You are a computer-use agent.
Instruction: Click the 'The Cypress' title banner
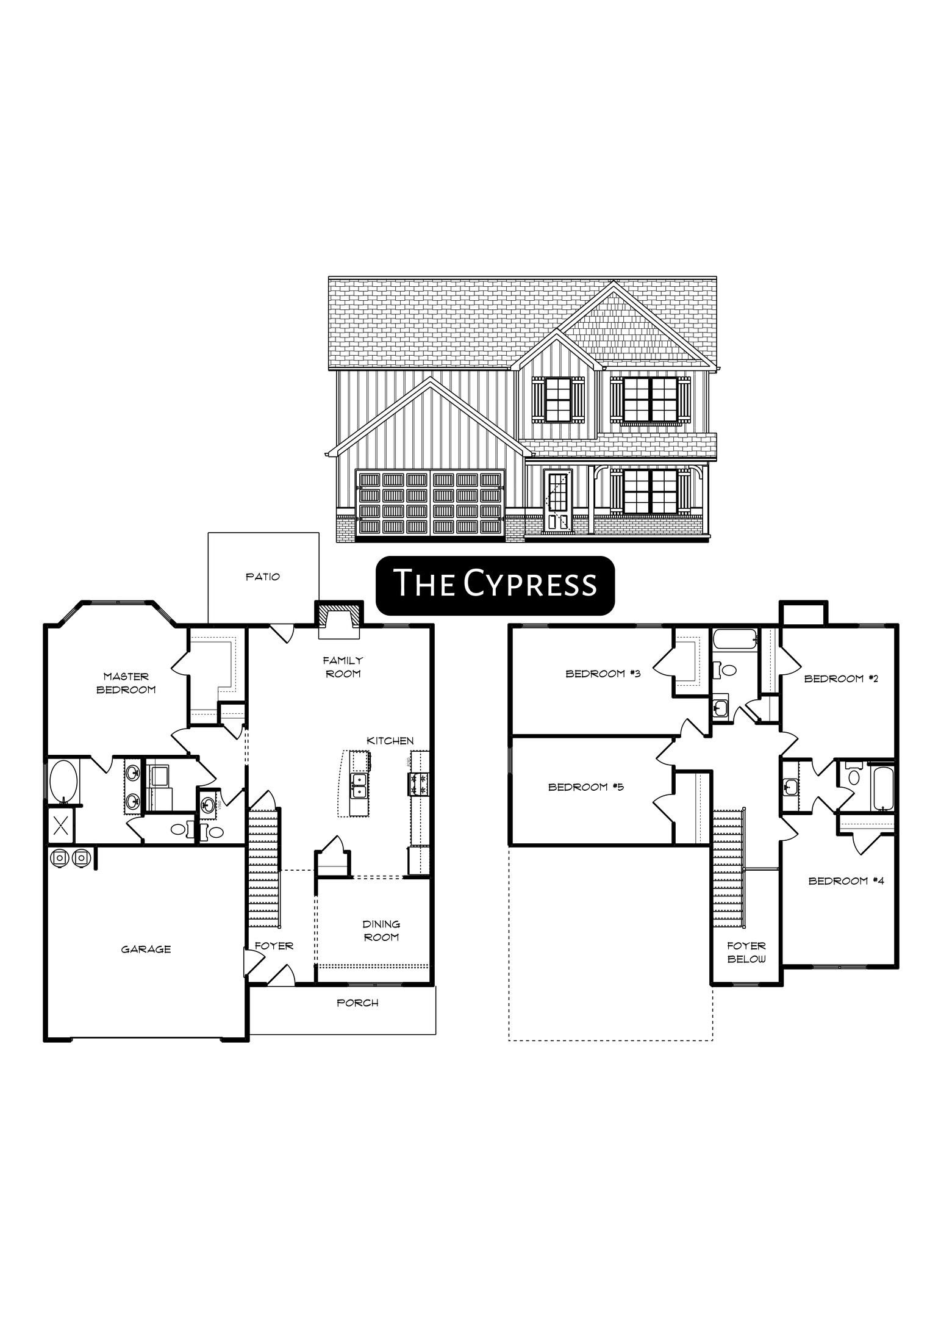pyautogui.click(x=495, y=585)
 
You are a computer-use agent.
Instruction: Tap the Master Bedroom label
pyautogui.click(x=126, y=683)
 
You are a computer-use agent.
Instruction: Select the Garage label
pyautogui.click(x=146, y=949)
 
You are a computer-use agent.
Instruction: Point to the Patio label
pyautogui.click(x=263, y=576)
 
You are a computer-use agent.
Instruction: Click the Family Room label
pyautogui.click(x=343, y=666)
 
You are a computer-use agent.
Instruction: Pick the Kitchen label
pyautogui.click(x=390, y=741)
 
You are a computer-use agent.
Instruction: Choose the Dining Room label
pyautogui.click(x=381, y=931)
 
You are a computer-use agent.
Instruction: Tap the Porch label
pyautogui.click(x=357, y=1003)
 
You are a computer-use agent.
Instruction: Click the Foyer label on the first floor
pyautogui.click(x=274, y=946)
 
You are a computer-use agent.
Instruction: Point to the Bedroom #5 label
pyautogui.click(x=585, y=787)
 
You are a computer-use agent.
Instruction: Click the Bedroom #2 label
pyautogui.click(x=841, y=679)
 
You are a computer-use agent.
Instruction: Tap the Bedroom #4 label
pyautogui.click(x=846, y=880)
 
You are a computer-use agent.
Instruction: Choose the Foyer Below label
pyautogui.click(x=746, y=952)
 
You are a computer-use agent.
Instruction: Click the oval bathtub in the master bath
pyautogui.click(x=63, y=781)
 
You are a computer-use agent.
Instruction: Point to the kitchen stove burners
pyautogui.click(x=419, y=784)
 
